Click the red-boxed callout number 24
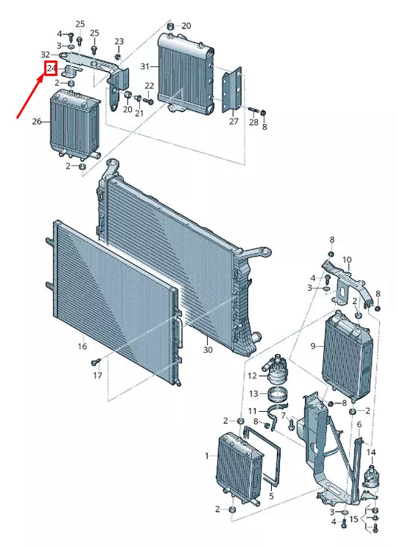click(x=51, y=69)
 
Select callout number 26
click(x=36, y=122)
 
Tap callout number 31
click(x=145, y=66)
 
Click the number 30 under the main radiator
click(x=208, y=349)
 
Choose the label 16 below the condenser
click(x=82, y=346)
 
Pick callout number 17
click(x=98, y=375)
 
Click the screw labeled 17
click(x=95, y=363)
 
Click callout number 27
click(x=234, y=121)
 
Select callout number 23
click(x=119, y=42)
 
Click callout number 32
click(x=45, y=54)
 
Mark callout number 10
click(x=347, y=260)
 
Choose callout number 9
click(x=313, y=346)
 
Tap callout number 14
click(x=371, y=452)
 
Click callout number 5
click(x=272, y=495)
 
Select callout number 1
click(x=207, y=456)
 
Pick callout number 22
click(x=149, y=86)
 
